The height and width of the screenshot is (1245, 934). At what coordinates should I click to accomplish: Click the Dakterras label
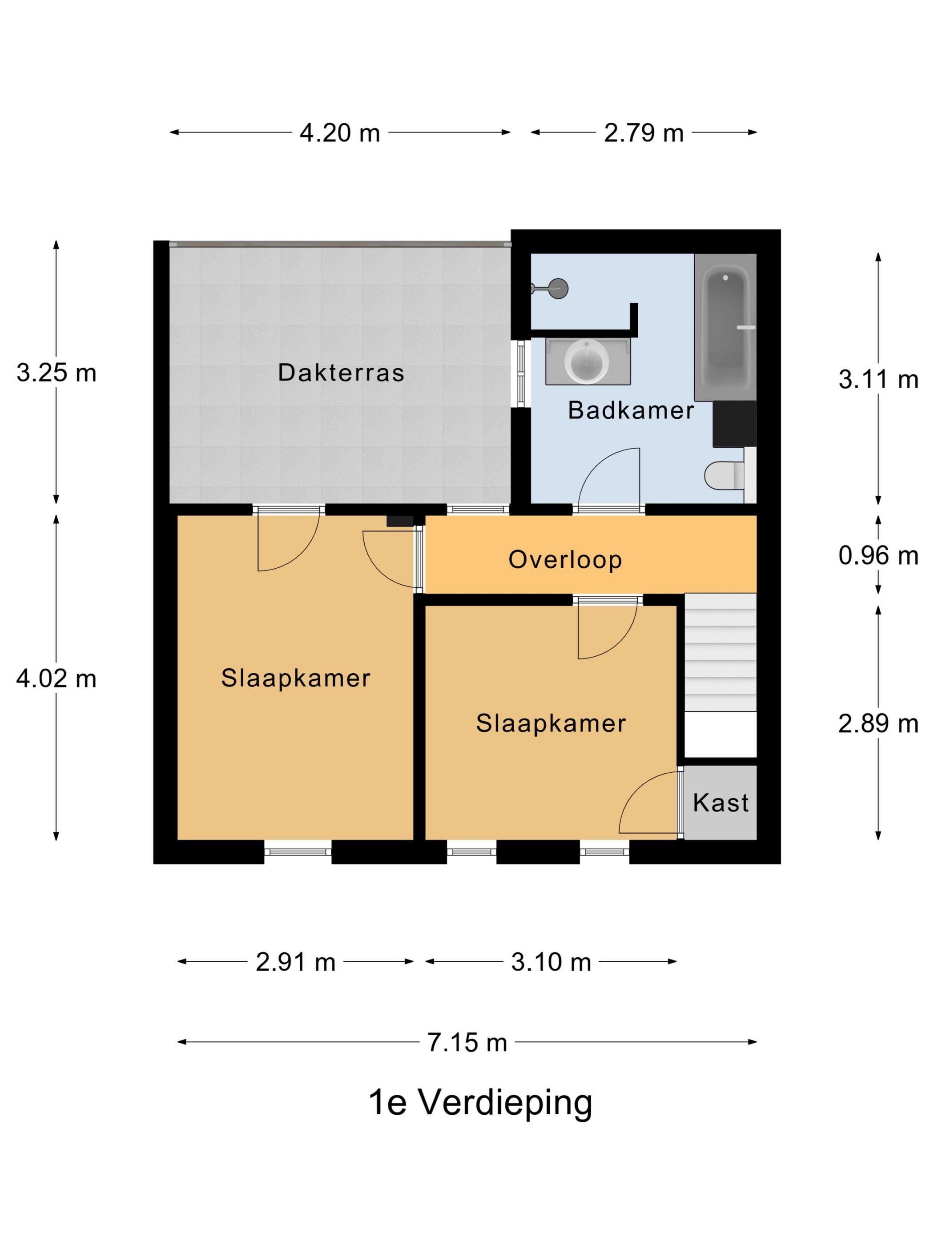341,373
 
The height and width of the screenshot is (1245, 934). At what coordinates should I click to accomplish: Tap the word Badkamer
631,410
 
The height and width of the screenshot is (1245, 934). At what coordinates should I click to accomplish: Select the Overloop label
565,559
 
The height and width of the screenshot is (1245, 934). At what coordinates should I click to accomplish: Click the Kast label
721,803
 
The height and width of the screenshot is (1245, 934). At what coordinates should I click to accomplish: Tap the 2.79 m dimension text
644,133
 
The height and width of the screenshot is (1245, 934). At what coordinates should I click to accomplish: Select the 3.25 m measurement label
56,373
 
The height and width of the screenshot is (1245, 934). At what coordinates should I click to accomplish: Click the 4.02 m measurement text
56,679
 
